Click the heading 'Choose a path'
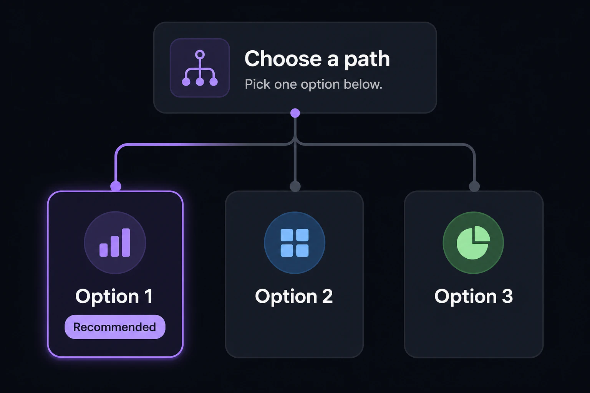[317, 59]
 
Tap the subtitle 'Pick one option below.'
[313, 84]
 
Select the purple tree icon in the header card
[200, 68]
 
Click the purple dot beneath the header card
[295, 113]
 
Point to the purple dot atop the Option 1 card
[116, 186]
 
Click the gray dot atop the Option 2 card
[295, 186]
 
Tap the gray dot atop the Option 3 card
[474, 186]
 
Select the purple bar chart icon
[114, 243]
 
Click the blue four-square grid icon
[295, 243]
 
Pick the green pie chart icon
[473, 243]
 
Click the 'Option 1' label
[114, 297]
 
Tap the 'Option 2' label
[294, 297]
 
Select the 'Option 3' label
[474, 297]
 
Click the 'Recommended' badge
[115, 327]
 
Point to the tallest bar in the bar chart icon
[126, 243]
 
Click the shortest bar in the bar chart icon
[103, 250]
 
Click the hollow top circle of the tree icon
[200, 54]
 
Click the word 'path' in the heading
[367, 60]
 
